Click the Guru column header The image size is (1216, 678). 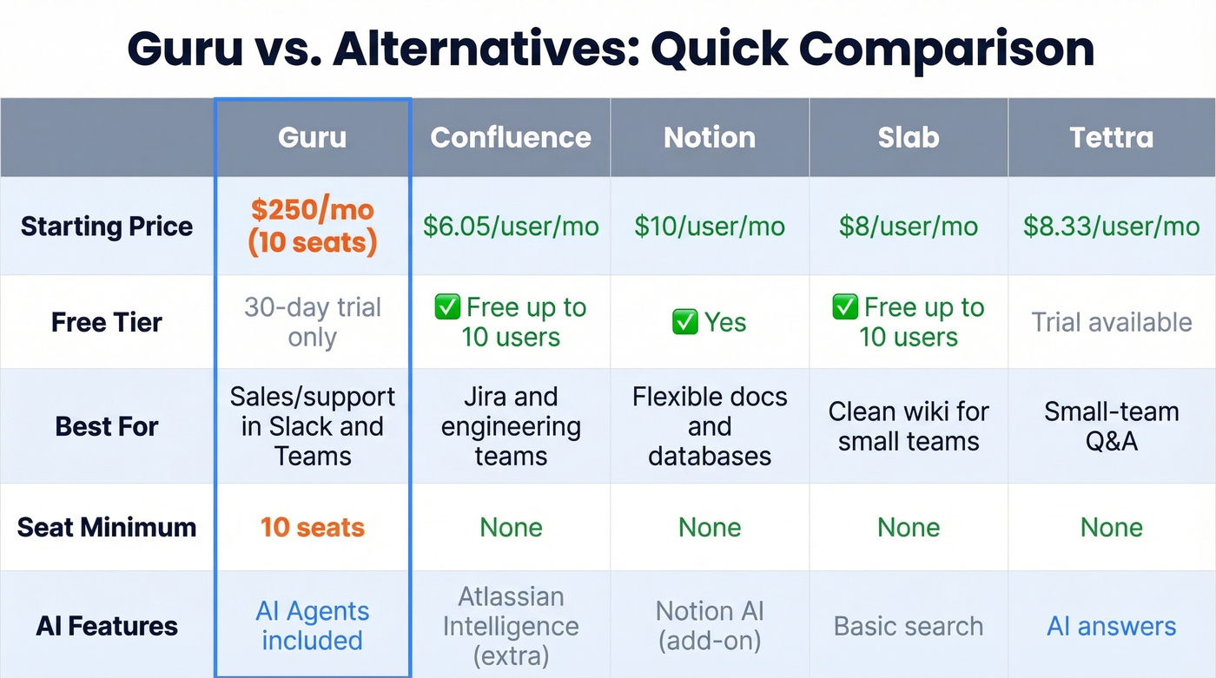[312, 137]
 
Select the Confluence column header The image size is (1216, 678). [511, 137]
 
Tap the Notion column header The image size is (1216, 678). [710, 137]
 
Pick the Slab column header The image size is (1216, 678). [909, 137]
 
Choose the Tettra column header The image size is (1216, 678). [1111, 137]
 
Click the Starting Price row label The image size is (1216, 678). [107, 227]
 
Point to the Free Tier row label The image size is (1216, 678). [107, 322]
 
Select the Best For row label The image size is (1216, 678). [107, 426]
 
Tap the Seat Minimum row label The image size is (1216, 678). [107, 527]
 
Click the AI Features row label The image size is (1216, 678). [107, 626]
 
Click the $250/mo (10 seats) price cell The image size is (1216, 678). [312, 227]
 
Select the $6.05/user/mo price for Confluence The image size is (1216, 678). [511, 227]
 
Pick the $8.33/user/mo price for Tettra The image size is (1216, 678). [1111, 227]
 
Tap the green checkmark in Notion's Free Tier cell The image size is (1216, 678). [684, 322]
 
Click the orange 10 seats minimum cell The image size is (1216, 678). [312, 527]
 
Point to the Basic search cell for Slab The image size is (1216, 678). [909, 626]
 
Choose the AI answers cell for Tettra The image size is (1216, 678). [1111, 626]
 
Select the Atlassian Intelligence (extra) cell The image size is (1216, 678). [511, 626]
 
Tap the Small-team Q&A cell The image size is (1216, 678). [1111, 426]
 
